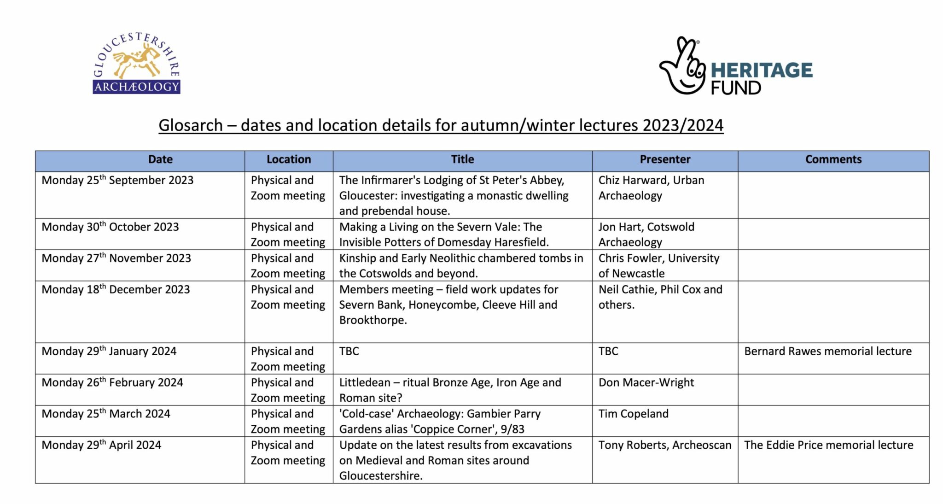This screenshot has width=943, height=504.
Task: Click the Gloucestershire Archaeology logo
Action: pos(136,63)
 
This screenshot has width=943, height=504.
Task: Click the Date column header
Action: pos(160,159)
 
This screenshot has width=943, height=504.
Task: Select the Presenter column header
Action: pos(665,159)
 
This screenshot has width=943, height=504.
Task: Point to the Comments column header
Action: pos(833,159)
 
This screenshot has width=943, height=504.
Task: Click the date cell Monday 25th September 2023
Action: pos(117,180)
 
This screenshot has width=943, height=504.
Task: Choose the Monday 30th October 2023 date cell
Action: pos(110,227)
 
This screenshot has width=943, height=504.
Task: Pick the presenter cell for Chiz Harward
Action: pos(651,188)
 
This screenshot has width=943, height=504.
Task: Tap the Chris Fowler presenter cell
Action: pos(658,265)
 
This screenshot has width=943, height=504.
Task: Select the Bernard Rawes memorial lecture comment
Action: pos(827,351)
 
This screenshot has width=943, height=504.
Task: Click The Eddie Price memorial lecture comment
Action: pos(828,445)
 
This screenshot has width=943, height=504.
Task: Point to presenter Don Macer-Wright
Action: pos(646,382)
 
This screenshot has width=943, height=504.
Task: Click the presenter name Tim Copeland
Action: pos(633,414)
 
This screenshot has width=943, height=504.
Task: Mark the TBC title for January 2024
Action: pos(349,351)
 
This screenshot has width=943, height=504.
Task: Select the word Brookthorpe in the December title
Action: pos(373,320)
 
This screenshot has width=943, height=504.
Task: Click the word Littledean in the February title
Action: pos(362,382)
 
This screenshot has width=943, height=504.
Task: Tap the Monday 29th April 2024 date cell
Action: pos(101,445)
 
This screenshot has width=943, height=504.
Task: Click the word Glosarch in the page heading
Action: pos(191,125)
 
